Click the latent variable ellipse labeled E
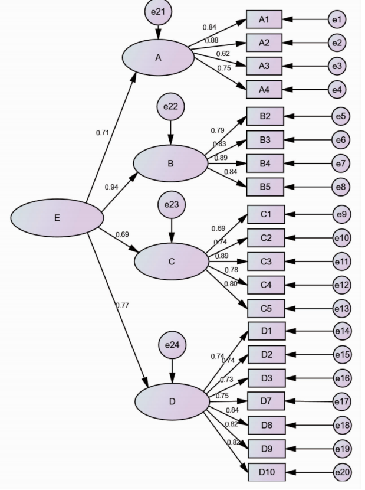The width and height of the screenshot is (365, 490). pyautogui.click(x=57, y=218)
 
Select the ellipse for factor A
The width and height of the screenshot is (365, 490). pyautogui.click(x=158, y=57)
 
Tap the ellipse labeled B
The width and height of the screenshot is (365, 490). pyautogui.click(x=170, y=164)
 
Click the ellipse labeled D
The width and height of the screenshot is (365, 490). pyautogui.click(x=172, y=402)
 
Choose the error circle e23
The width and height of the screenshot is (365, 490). pyautogui.click(x=172, y=206)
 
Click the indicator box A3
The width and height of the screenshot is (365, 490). pyautogui.click(x=264, y=65)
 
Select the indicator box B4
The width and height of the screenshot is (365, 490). pyautogui.click(x=265, y=163)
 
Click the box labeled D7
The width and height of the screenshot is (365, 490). pyautogui.click(x=265, y=401)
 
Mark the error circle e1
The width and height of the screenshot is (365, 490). pyautogui.click(x=337, y=19)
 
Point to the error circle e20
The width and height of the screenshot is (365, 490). pyautogui.click(x=341, y=472)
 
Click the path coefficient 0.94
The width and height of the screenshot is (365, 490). pyautogui.click(x=111, y=187)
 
